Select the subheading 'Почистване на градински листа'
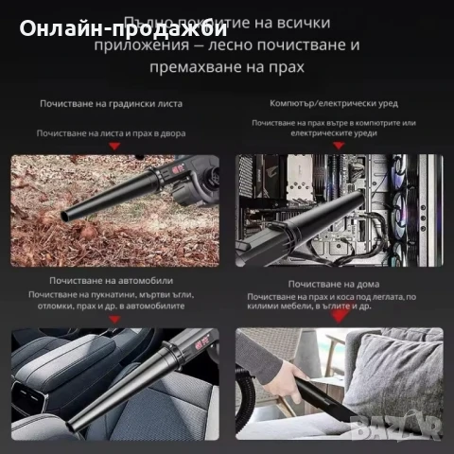[x=112, y=103]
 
